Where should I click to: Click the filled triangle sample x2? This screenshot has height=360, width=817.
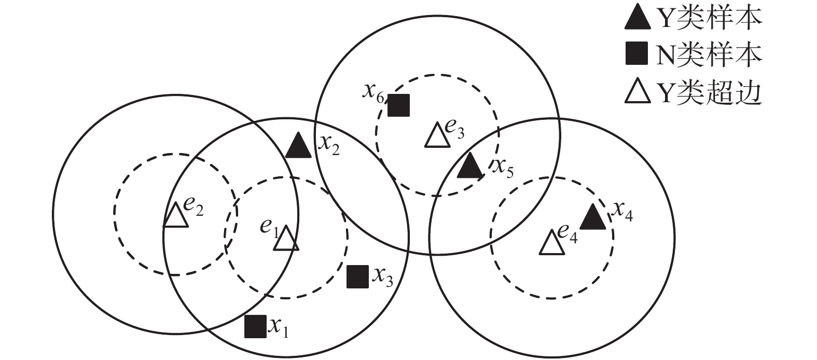(298, 147)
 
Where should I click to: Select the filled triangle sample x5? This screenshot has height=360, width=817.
(470, 167)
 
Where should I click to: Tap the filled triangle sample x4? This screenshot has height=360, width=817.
(592, 218)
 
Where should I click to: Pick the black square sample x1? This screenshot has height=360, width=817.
(255, 326)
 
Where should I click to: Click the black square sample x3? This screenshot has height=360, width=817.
(357, 276)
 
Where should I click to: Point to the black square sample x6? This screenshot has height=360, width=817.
(398, 105)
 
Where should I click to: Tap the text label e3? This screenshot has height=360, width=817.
(454, 129)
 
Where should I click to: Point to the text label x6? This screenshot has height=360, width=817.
(373, 92)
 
